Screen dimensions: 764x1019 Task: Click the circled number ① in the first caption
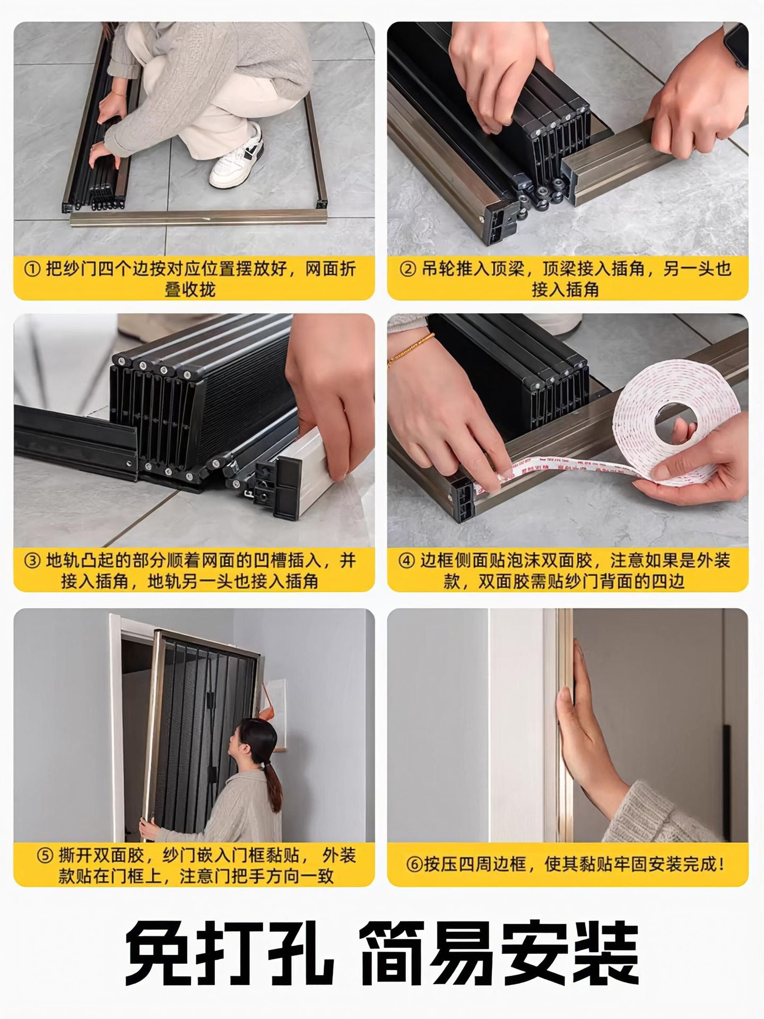tap(33, 269)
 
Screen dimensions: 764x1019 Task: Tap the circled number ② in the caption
tap(407, 269)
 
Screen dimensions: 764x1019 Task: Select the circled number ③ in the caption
tap(33, 560)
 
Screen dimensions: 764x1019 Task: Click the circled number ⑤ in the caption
tap(45, 855)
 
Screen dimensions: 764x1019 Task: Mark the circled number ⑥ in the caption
tap(414, 864)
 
